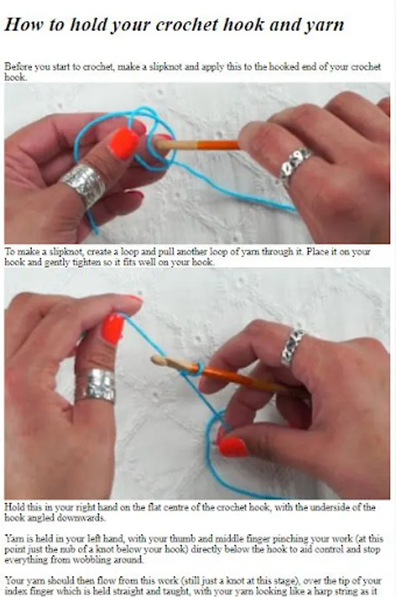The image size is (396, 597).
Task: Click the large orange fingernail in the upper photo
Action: [x=124, y=143]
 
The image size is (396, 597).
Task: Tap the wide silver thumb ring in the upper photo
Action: [x=84, y=184]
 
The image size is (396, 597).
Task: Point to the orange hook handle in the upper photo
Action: [x=219, y=145]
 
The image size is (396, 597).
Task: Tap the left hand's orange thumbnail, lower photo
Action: [x=113, y=328]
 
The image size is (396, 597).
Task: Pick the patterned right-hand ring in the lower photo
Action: [x=292, y=348]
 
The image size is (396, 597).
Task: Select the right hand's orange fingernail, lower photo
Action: [x=232, y=446]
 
